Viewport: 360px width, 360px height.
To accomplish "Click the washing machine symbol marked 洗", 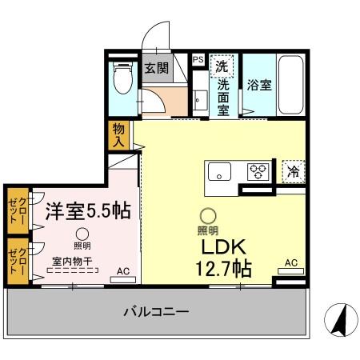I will pyautogui.click(x=222, y=67).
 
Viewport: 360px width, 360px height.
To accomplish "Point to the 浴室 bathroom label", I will pyautogui.click(x=258, y=86).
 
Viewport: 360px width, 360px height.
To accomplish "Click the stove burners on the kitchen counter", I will pyautogui.click(x=257, y=170).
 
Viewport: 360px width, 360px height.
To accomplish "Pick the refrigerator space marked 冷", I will pyautogui.click(x=294, y=170).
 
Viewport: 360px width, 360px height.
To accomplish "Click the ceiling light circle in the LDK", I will pyautogui.click(x=207, y=215).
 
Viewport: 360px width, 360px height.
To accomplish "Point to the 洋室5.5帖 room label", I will pyautogui.click(x=87, y=211).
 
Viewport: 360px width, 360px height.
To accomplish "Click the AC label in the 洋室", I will pyautogui.click(x=122, y=271).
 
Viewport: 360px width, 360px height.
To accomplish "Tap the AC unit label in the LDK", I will pyautogui.click(x=291, y=263).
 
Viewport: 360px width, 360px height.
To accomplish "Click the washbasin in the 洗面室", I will pyautogui.click(x=200, y=100).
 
